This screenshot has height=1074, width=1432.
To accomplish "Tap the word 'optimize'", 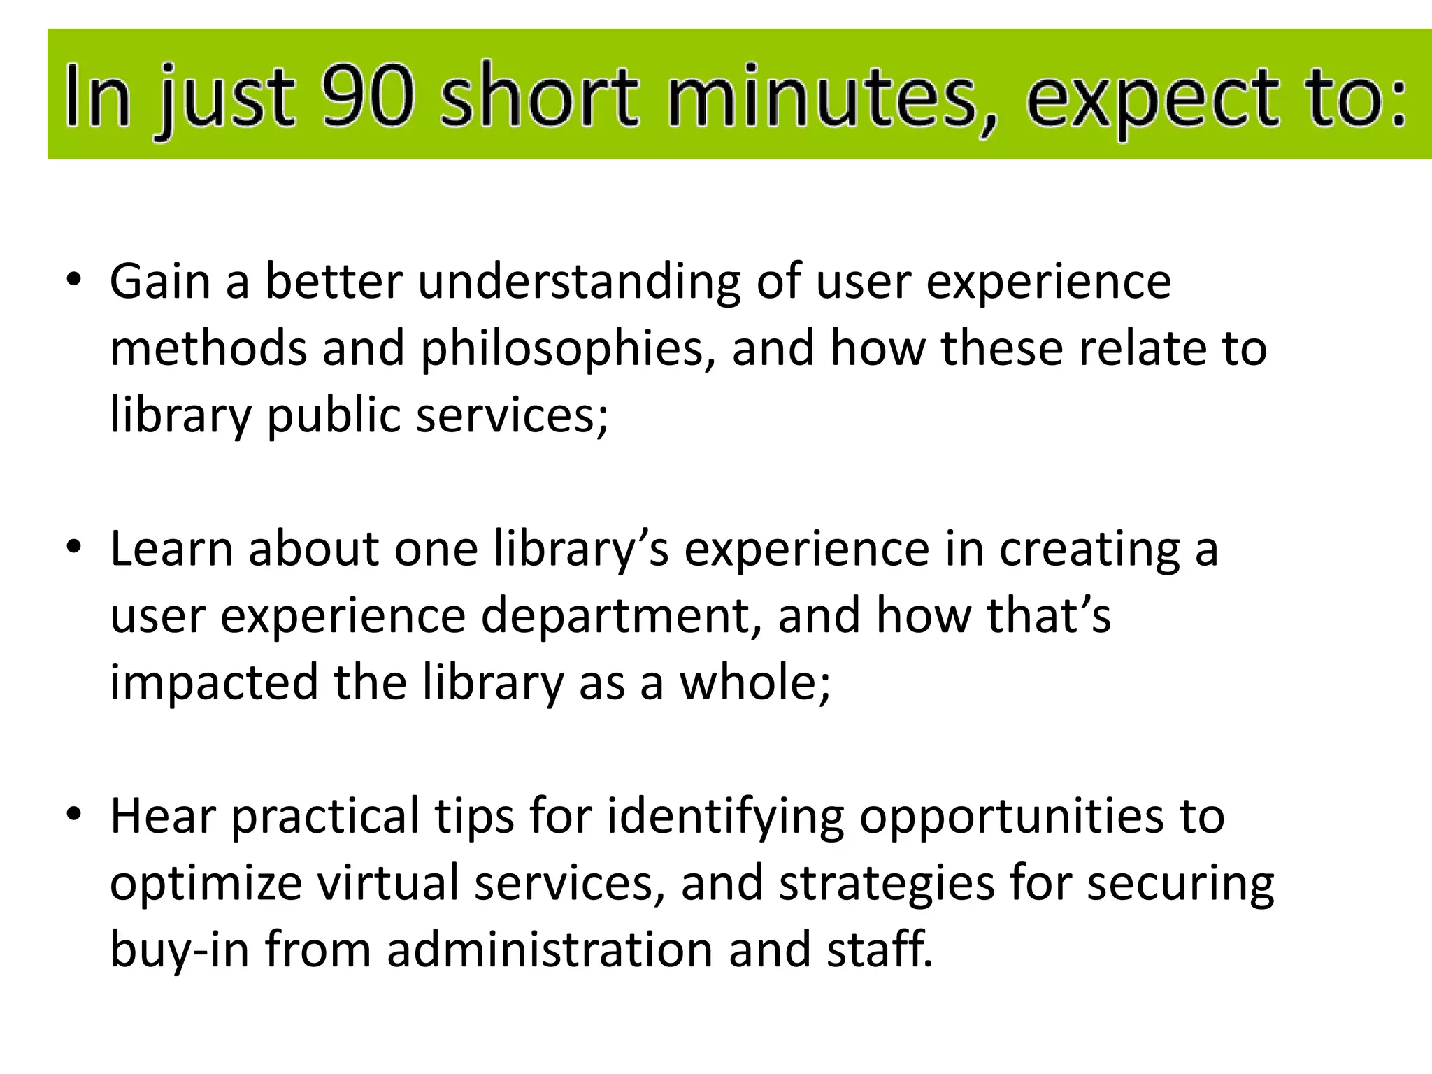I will pos(206,883).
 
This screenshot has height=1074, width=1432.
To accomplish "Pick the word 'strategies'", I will pos(887,883).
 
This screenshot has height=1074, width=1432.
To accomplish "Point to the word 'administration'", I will pos(550,950).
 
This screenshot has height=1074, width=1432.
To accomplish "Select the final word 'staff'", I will pos(878,950).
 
